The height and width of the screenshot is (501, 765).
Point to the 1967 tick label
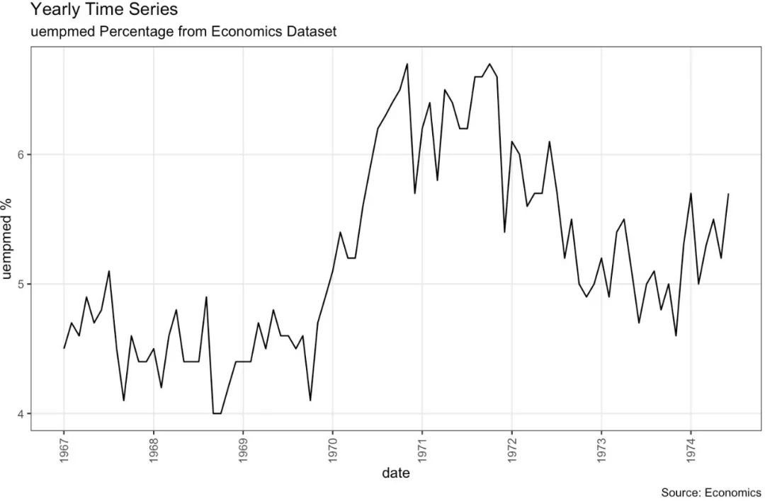pyautogui.click(x=64, y=449)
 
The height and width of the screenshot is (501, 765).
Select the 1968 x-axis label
pyautogui.click(x=154, y=449)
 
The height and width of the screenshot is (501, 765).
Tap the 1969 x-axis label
pyautogui.click(x=243, y=449)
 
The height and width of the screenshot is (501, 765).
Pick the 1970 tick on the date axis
pyautogui.click(x=332, y=449)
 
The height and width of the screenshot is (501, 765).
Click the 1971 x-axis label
pyautogui.click(x=421, y=449)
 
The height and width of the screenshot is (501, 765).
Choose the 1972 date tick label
pyautogui.click(x=511, y=449)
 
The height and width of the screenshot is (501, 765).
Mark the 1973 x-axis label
pyautogui.click(x=601, y=449)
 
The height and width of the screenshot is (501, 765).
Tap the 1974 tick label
pyautogui.click(x=690, y=449)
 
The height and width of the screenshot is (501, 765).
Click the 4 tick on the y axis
pyautogui.click(x=21, y=414)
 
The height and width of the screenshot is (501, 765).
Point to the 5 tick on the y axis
pyautogui.click(x=21, y=284)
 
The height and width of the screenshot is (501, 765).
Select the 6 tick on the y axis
pyautogui.click(x=21, y=155)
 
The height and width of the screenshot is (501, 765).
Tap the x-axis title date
pyautogui.click(x=395, y=474)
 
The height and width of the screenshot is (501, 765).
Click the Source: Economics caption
pyautogui.click(x=710, y=493)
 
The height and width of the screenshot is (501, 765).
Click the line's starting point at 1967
pyautogui.click(x=64, y=348)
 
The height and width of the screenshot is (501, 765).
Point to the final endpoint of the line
pyautogui.click(x=728, y=194)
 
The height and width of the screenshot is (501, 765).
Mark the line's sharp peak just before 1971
pyautogui.click(x=407, y=64)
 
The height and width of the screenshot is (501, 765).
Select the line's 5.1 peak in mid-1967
pyautogui.click(x=109, y=271)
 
